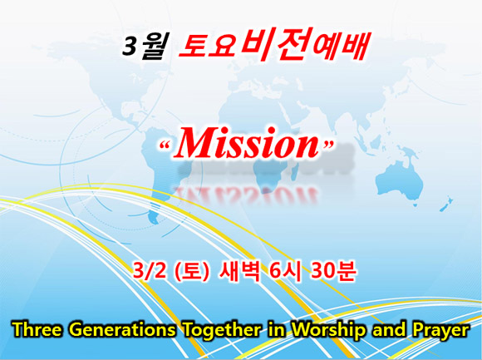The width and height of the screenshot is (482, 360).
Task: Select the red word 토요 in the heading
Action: click(x=208, y=46)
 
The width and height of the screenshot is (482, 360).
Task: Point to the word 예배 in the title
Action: click(x=342, y=45)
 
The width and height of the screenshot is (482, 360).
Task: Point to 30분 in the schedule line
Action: click(x=333, y=271)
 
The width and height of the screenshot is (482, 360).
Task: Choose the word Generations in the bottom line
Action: click(x=124, y=329)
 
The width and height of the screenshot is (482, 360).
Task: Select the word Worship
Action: click(x=329, y=330)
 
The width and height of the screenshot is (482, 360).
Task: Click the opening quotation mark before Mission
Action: click(x=165, y=145)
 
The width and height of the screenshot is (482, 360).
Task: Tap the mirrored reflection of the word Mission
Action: click(x=245, y=195)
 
